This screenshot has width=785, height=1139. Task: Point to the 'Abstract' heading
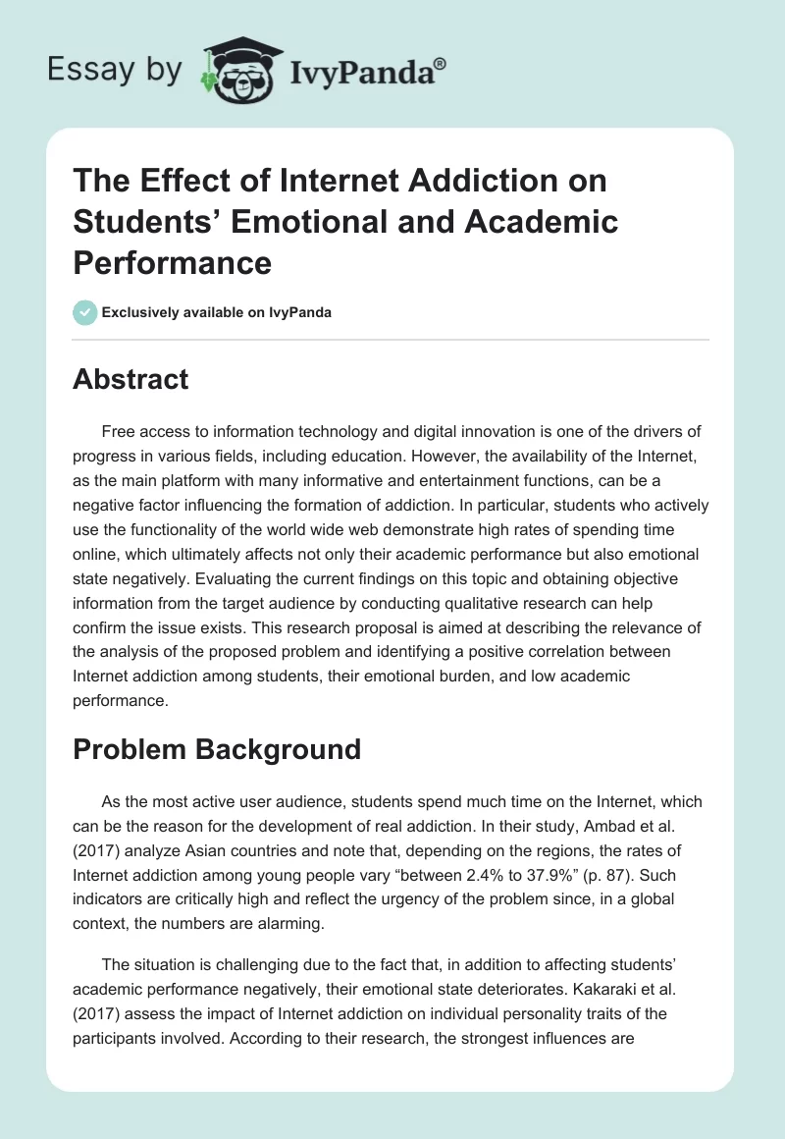[131, 379]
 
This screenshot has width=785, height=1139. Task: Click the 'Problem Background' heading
[217, 749]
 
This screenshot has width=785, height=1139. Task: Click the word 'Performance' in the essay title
[172, 263]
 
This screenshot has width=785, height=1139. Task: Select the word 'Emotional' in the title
[334, 222]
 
